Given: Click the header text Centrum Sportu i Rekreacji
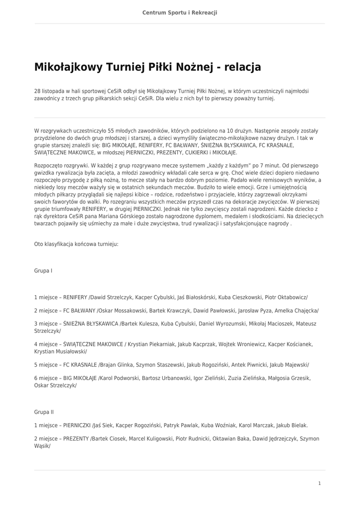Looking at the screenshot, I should coord(180,12).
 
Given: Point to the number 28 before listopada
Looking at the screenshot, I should coord(37,91).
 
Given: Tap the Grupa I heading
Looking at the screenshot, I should coord(43,271).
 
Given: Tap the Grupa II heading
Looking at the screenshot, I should coord(44,412).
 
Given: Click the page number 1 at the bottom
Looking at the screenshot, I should coord(320,483).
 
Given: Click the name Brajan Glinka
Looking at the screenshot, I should coord(116,364).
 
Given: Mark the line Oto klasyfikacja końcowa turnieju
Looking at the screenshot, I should coord(76,244).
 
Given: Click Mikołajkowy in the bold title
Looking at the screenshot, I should coord(67,67).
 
